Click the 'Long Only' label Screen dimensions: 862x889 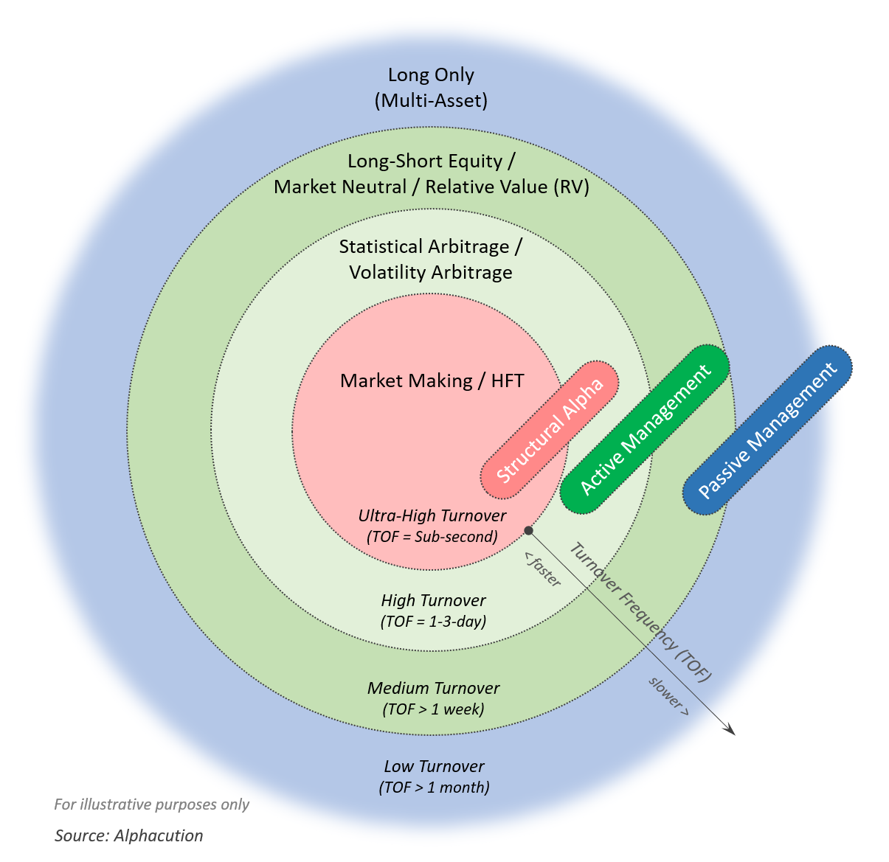pos(431,74)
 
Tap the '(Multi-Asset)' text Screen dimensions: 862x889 pos(431,100)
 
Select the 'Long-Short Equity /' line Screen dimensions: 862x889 pos(431,161)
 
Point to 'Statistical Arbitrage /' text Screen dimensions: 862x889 pos(431,246)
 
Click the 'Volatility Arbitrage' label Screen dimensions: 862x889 pos(431,272)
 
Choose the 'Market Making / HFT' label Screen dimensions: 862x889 pos(432,380)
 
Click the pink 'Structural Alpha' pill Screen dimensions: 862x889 pos(550,428)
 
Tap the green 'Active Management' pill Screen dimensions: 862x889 pos(644,429)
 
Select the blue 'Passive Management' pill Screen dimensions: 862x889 pos(767,429)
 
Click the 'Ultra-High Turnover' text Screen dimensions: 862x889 pos(432,515)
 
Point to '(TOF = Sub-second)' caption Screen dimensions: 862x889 pos(432,537)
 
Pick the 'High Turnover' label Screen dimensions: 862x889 pos(434,600)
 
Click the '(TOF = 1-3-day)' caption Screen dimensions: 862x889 pos(434,622)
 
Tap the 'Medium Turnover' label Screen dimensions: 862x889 pos(434,688)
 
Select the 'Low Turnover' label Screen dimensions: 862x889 pos(434,766)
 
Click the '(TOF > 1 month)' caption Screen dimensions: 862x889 pos(434,788)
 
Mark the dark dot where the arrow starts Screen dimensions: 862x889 pos(528,530)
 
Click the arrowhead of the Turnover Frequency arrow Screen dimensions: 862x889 pos(730,731)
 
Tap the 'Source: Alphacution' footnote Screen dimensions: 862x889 pos(128,835)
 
